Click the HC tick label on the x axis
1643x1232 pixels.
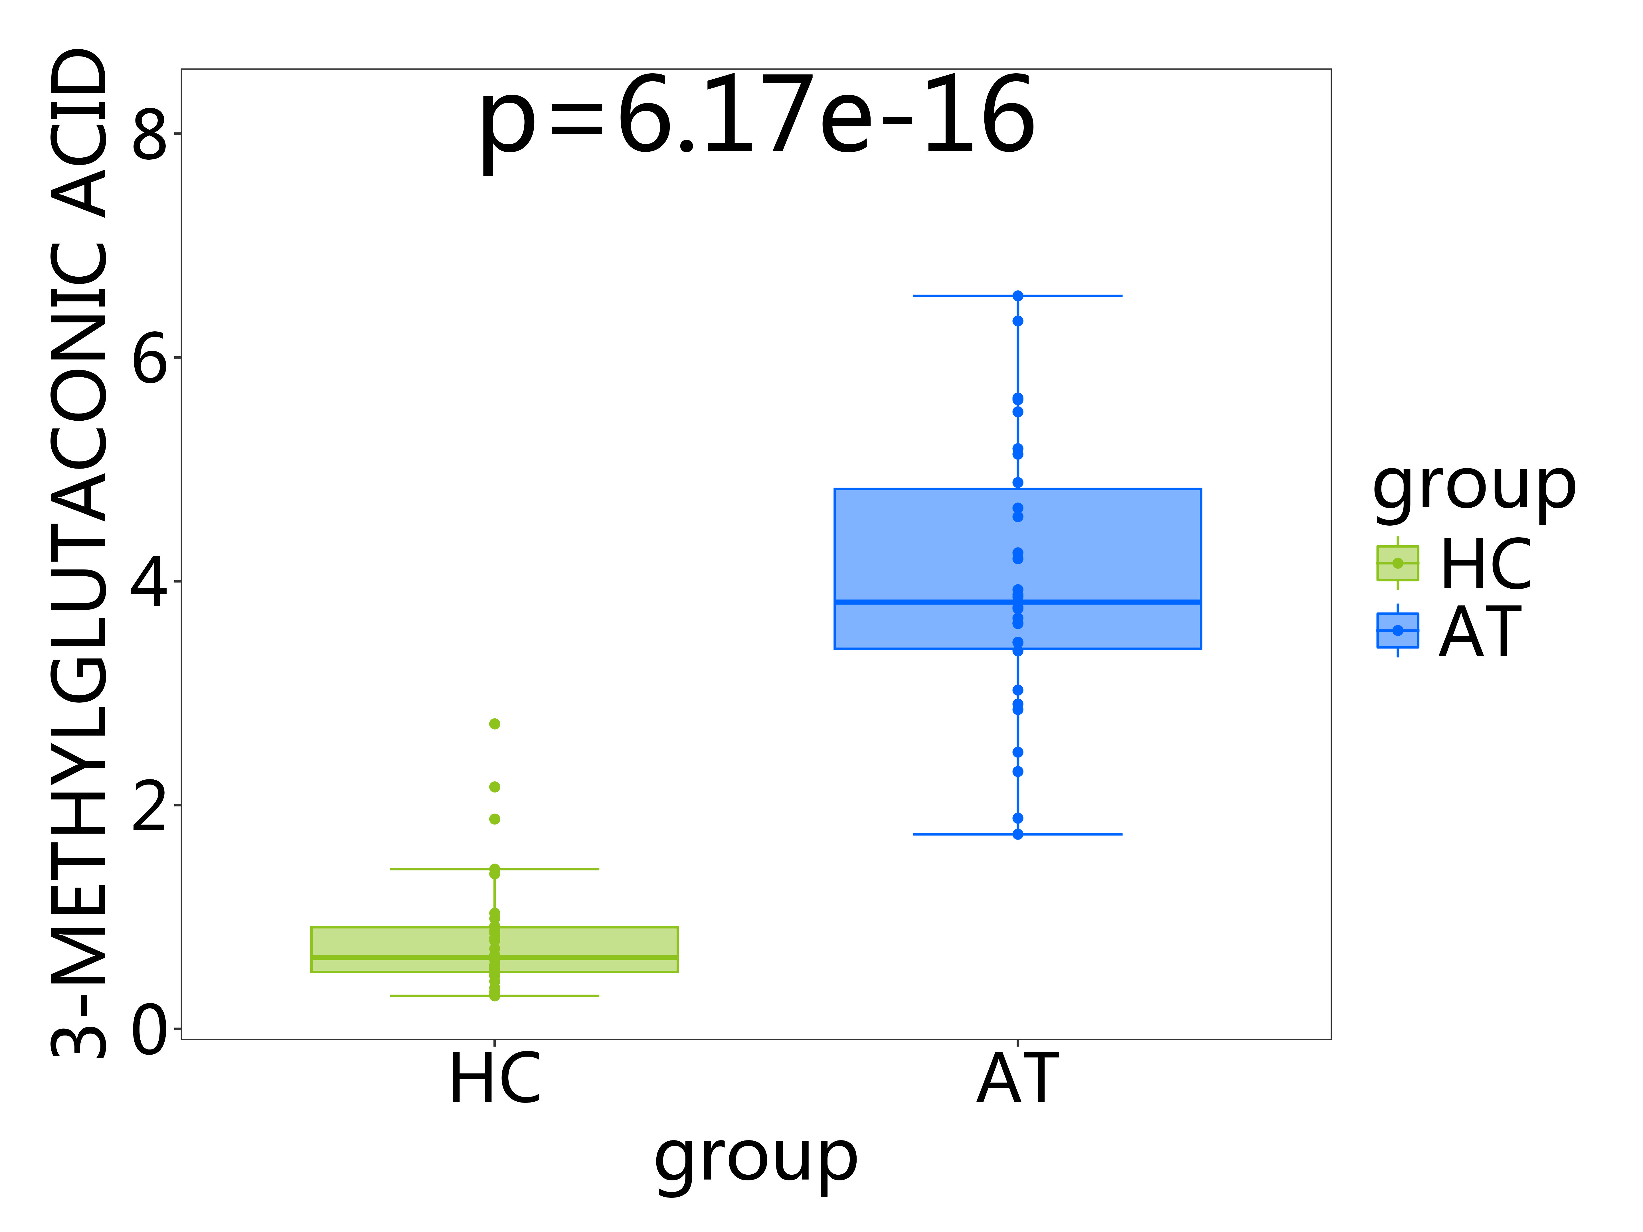(x=495, y=1081)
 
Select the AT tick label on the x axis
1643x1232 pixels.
(x=1017, y=1081)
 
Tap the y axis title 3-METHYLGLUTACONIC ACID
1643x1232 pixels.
(x=80, y=553)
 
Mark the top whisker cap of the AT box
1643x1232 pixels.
(x=1017, y=295)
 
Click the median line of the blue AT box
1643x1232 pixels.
(x=1017, y=601)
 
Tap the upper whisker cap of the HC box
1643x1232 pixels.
(x=495, y=869)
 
